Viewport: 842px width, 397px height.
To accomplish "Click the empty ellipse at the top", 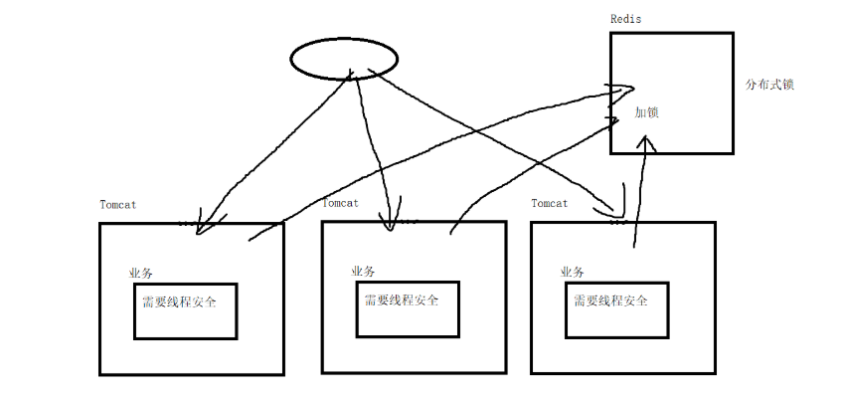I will point(344,58).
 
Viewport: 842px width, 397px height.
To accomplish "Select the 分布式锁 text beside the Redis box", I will point(769,85).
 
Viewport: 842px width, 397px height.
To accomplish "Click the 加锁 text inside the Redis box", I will point(647,112).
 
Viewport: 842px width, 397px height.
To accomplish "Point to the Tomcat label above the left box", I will point(117,205).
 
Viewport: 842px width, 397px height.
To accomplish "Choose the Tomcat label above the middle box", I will point(340,203).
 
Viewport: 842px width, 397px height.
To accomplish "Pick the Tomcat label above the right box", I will point(549,203).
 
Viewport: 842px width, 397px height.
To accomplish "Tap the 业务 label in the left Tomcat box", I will point(140,273).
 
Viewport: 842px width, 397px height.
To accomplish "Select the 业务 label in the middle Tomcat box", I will point(363,271).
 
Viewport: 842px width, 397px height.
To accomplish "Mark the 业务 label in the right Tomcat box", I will point(573,272).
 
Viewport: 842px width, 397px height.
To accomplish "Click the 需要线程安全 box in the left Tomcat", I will point(185,309).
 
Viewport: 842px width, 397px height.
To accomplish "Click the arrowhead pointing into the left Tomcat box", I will point(202,226).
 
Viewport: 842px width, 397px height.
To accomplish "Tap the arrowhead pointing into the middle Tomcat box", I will point(389,223).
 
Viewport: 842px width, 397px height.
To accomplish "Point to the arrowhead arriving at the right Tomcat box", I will point(617,211).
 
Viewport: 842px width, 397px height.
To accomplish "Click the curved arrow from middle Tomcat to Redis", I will point(527,164).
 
